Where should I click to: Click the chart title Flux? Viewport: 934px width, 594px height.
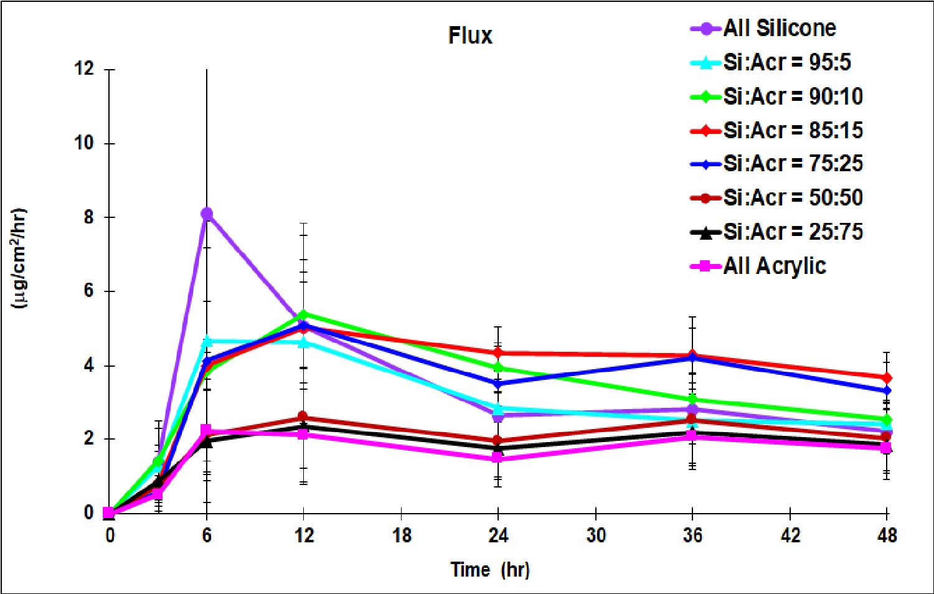(470, 35)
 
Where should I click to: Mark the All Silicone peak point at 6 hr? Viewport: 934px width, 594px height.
(207, 214)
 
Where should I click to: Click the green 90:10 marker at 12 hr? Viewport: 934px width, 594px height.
(303, 314)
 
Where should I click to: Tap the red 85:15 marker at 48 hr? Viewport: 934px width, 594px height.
(887, 378)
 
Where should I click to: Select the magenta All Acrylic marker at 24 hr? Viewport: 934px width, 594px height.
(498, 458)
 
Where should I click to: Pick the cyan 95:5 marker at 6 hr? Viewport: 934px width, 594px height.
(207, 341)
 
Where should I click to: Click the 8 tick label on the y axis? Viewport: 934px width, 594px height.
(88, 217)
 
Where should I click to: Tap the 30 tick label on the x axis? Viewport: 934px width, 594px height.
(596, 535)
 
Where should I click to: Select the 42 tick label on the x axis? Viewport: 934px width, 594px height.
(790, 535)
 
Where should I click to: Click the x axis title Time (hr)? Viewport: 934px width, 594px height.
(490, 570)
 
